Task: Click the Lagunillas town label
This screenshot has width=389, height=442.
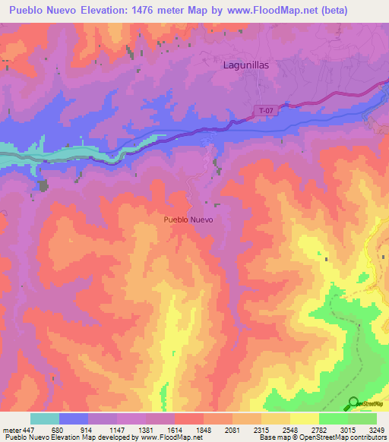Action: click(246, 65)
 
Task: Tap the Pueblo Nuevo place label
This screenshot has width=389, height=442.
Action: click(188, 219)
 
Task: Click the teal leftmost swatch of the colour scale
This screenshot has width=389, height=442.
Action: click(45, 418)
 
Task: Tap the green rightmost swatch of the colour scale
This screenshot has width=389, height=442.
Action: click(362, 418)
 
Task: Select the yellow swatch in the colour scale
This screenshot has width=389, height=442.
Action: click(305, 418)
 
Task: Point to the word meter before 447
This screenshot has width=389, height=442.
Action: click(13, 430)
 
